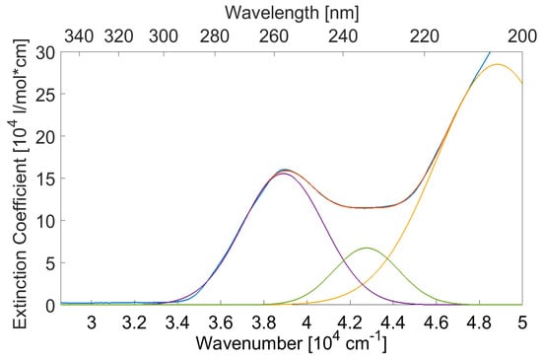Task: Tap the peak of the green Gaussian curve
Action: (367, 248)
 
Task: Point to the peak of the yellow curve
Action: (498, 64)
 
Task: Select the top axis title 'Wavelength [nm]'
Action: (291, 13)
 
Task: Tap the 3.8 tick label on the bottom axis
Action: (263, 322)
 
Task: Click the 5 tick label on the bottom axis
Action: (521, 322)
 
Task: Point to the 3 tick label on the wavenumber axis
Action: (92, 322)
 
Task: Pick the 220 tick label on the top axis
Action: (425, 36)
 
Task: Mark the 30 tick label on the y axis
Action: (44, 51)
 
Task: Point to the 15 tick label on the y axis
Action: (44, 179)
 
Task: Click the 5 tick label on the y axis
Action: (48, 263)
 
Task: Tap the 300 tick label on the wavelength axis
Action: (163, 36)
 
